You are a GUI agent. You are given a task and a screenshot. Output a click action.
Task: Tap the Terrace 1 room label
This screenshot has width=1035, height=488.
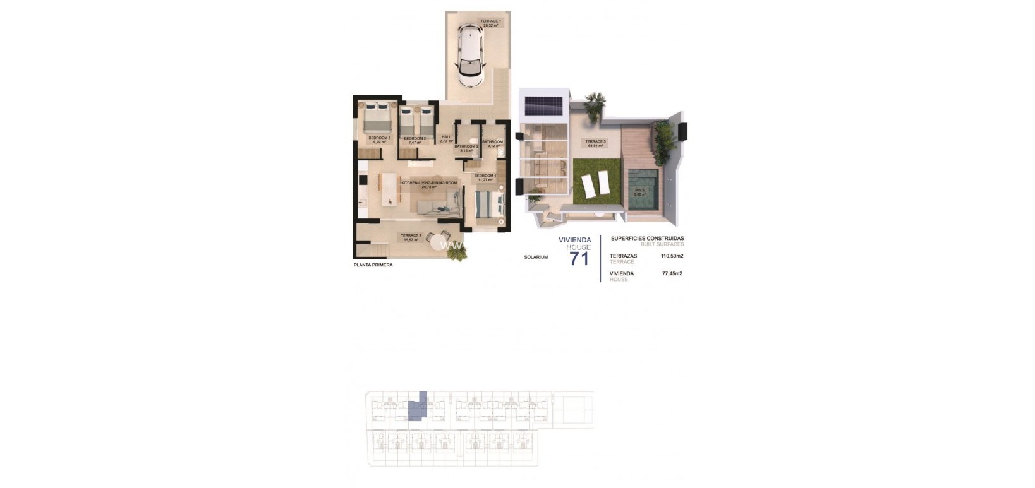click(x=490, y=23)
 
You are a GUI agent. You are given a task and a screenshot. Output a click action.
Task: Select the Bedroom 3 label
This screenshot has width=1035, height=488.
click(x=380, y=140)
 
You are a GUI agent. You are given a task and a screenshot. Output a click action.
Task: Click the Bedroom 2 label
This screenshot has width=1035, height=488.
click(x=415, y=140)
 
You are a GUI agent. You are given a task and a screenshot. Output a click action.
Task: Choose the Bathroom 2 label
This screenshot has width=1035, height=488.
click(x=466, y=148)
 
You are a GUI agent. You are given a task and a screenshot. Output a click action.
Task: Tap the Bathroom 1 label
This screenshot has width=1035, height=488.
click(x=494, y=144)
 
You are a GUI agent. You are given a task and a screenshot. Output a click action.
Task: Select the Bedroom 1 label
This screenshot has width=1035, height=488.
click(x=485, y=177)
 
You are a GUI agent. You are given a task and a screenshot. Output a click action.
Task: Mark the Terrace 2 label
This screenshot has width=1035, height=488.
click(x=411, y=237)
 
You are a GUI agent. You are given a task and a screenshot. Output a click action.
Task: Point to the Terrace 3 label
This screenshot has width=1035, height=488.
click(x=595, y=143)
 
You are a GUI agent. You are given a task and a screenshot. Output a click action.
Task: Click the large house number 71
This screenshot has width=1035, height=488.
click(x=579, y=258)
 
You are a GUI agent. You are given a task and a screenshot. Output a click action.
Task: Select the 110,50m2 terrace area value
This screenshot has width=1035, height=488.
click(x=672, y=256)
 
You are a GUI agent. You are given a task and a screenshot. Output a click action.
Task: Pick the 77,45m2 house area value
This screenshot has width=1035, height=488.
click(x=672, y=274)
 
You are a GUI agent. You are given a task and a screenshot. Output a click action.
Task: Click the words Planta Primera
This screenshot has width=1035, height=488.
click(x=373, y=265)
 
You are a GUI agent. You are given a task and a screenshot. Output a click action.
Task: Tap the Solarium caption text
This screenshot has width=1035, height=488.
click(x=536, y=257)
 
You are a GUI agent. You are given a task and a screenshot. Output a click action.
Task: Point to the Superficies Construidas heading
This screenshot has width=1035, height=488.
click(x=647, y=239)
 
